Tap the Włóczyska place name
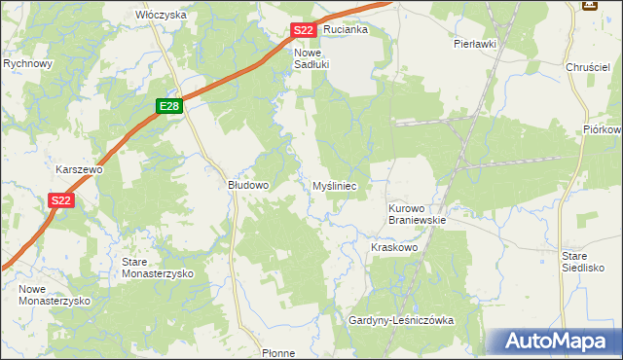point(161,16)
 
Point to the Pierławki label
point(475,44)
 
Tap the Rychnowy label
point(28,63)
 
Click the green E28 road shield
point(168,106)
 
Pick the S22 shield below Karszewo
point(60,200)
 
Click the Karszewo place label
point(80,169)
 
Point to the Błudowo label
point(248,184)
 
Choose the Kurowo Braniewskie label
point(417,214)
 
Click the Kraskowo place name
point(394,248)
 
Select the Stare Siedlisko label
point(583,261)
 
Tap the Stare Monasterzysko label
point(157,268)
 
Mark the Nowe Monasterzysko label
point(55,295)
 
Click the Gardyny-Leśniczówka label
point(402,320)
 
